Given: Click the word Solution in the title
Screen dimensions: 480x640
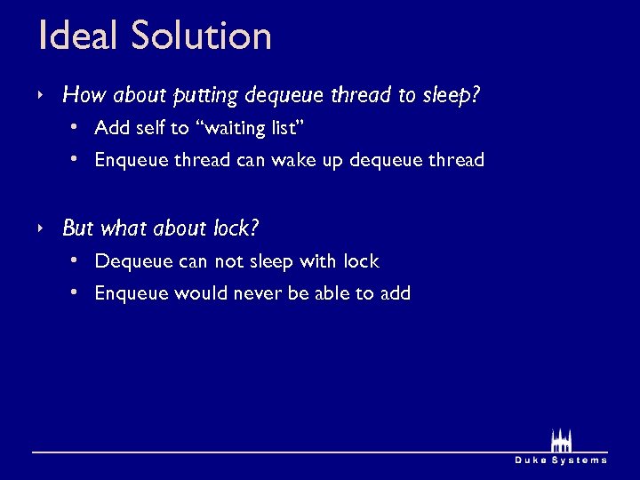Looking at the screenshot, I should [x=201, y=36].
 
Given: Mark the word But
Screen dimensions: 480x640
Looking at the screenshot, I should [x=77, y=228].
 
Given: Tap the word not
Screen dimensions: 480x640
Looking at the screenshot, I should [x=228, y=261].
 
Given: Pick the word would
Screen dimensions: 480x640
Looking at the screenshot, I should [x=200, y=293].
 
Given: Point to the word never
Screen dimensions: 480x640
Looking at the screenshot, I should [x=257, y=293].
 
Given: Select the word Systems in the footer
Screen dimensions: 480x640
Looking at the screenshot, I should [x=580, y=460].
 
